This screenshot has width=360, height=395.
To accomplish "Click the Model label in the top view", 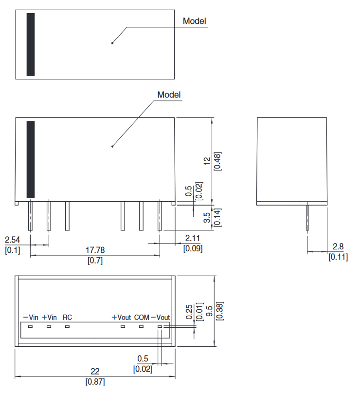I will tap(194, 21).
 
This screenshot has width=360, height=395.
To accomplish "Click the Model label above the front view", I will tap(169, 94).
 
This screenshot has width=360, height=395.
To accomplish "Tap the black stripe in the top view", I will tap(31, 44).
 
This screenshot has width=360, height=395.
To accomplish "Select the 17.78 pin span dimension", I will tap(95, 250).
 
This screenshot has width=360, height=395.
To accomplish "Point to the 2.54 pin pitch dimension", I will tap(13, 240).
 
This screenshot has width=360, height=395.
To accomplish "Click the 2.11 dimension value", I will tap(193, 238).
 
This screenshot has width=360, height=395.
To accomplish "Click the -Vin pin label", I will tap(30, 317).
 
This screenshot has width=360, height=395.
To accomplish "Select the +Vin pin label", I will tap(49, 317).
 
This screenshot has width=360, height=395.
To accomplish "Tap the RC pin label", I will tap(68, 317).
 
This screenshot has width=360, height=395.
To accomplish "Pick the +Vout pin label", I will tap(121, 317).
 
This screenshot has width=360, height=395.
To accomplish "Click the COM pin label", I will tap(142, 317).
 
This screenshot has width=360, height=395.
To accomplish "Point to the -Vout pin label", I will tap(161, 317).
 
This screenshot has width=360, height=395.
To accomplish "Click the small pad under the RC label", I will tap(67, 326).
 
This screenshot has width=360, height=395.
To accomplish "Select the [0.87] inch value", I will tap(95, 382).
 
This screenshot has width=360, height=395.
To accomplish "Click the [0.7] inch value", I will tap(95, 260).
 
